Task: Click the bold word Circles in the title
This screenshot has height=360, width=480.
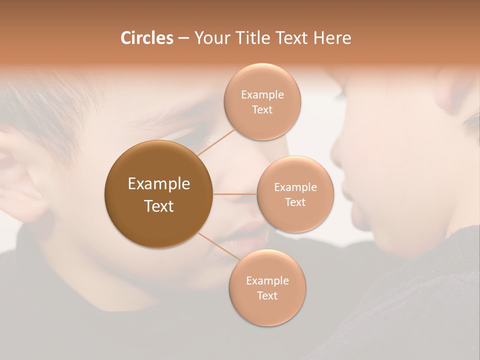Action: (146, 38)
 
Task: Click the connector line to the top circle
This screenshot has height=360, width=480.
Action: (216, 142)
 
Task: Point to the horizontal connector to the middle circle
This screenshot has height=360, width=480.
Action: (234, 194)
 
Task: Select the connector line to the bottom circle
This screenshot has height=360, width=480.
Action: (218, 247)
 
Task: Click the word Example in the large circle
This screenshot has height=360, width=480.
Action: (159, 184)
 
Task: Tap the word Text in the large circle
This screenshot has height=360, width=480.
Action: (159, 206)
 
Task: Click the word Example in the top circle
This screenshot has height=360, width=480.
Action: (262, 95)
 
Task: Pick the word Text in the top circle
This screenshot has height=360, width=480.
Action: (262, 110)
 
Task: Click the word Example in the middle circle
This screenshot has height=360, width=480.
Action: (295, 187)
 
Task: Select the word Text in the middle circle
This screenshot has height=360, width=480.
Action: (295, 202)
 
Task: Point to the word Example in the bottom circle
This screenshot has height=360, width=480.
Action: (267, 281)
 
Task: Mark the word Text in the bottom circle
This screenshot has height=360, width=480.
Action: (267, 296)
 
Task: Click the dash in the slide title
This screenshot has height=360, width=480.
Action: (183, 38)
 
